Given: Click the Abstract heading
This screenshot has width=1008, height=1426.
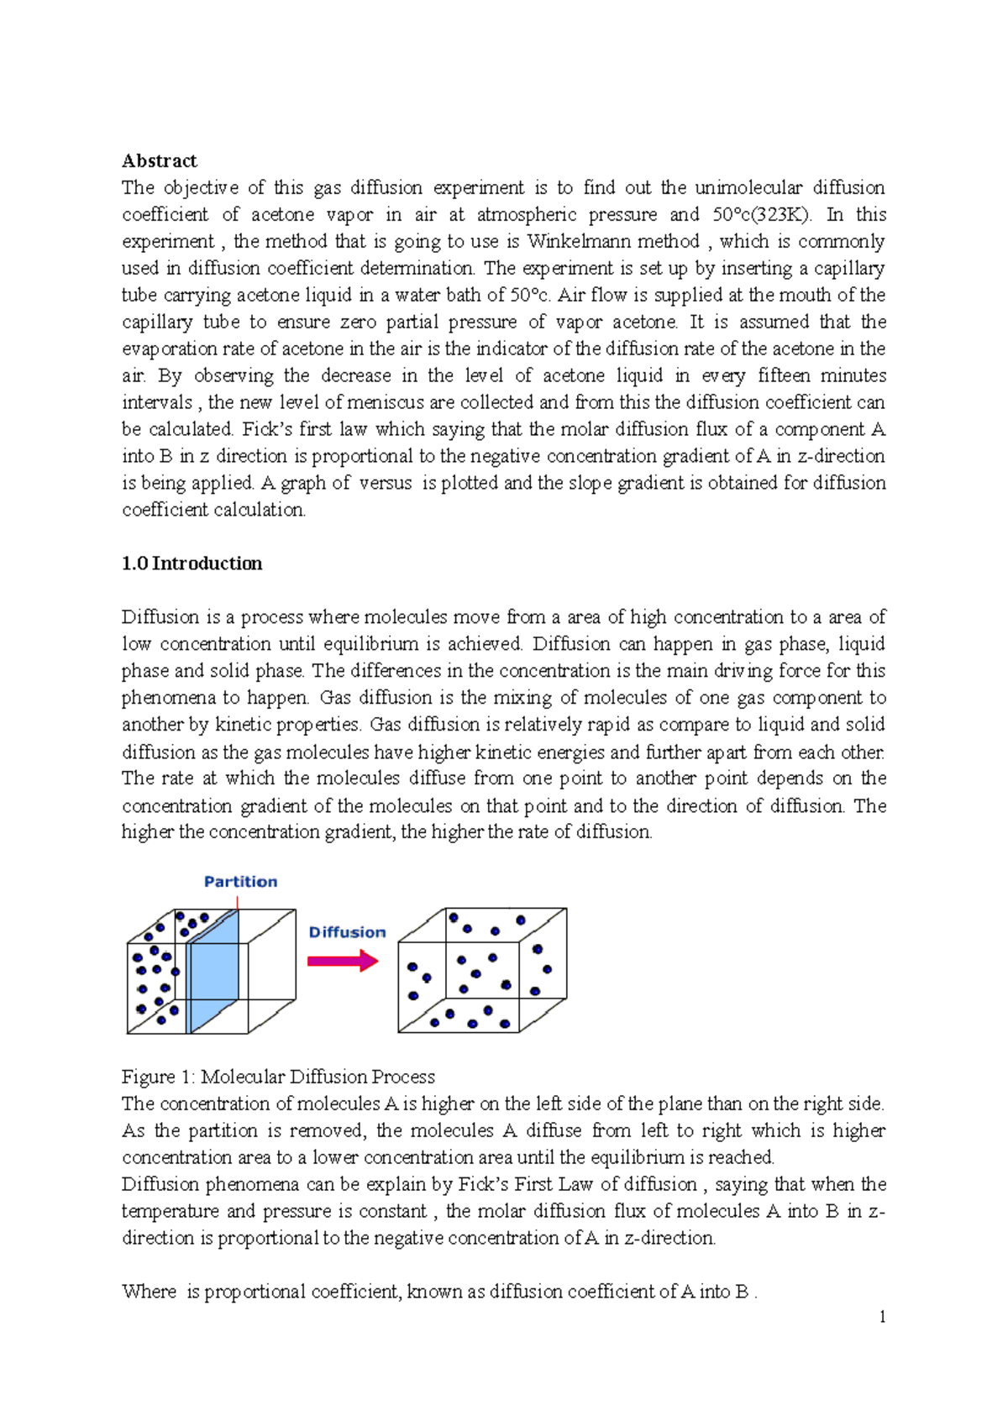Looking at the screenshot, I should [x=159, y=160].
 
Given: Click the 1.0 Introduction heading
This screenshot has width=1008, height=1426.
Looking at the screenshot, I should [x=192, y=564].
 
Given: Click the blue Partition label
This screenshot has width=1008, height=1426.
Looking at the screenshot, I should [x=240, y=882].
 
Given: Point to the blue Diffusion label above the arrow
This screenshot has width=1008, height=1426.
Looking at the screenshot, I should [x=347, y=932].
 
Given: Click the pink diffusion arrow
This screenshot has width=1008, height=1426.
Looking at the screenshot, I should [x=343, y=961].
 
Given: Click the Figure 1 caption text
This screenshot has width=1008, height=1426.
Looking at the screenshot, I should [x=278, y=1077].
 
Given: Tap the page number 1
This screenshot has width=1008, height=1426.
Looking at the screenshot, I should [x=882, y=1317].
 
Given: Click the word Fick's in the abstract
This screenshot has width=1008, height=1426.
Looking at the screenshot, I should [x=268, y=430].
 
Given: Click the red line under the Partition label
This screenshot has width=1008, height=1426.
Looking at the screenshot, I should [x=238, y=903].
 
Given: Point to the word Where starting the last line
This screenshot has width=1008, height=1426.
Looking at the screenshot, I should [x=149, y=1292].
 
